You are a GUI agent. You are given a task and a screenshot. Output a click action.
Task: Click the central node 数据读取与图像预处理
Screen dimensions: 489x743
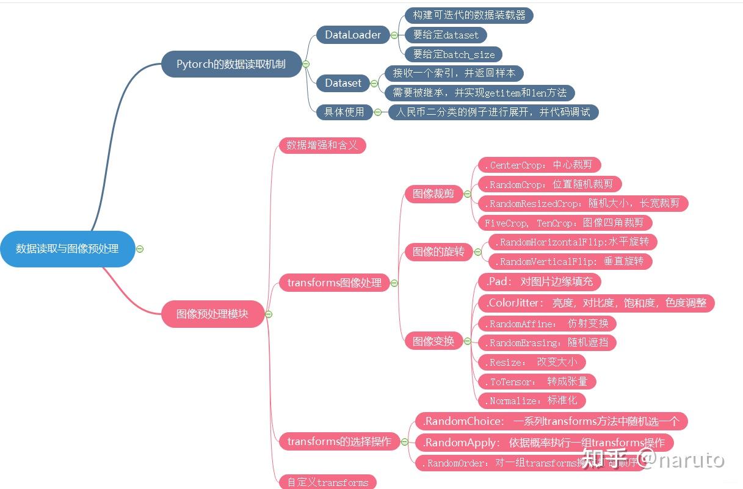pyautogui.click(x=67, y=248)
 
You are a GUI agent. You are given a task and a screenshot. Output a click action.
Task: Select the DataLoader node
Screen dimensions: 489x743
pyautogui.click(x=353, y=35)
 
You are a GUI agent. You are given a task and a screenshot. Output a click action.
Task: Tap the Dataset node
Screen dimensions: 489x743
pyautogui.click(x=343, y=83)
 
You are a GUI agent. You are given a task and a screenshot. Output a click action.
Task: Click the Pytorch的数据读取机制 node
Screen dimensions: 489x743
pyautogui.click(x=231, y=63)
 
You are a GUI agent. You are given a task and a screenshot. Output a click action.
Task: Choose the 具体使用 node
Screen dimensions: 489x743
pyautogui.click(x=345, y=112)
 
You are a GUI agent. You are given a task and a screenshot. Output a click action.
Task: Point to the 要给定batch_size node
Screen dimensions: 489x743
pyautogui.click(x=454, y=54)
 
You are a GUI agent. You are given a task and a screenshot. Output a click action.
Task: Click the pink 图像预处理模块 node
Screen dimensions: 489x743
pyautogui.click(x=212, y=314)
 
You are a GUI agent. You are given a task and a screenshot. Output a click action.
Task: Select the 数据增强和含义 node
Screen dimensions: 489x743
pyautogui.click(x=322, y=145)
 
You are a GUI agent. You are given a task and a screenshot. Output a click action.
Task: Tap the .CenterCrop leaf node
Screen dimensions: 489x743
pyautogui.click(x=538, y=165)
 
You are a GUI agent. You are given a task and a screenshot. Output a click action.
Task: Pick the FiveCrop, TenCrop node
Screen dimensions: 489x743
pyautogui.click(x=564, y=223)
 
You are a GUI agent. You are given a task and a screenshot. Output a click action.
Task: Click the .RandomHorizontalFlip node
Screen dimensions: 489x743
pyautogui.click(x=572, y=242)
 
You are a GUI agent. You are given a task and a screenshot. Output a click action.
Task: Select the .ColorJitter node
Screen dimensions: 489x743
pyautogui.click(x=595, y=302)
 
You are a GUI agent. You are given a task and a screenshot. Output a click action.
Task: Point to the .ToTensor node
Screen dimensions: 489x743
pyautogui.click(x=536, y=382)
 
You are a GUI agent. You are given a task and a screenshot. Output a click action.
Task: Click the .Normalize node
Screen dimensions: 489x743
pyautogui.click(x=531, y=400)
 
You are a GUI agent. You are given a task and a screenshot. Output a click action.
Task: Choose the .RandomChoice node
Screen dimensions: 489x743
pyautogui.click(x=551, y=421)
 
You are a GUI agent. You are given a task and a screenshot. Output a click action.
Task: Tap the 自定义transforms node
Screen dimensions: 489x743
pyautogui.click(x=328, y=482)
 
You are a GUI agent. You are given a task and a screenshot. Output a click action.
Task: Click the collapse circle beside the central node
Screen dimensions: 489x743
pyautogui.click(x=140, y=248)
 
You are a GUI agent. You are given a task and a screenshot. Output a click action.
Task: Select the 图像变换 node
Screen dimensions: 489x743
pyautogui.click(x=433, y=341)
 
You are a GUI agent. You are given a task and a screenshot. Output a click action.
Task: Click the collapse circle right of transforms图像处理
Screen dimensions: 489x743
pyautogui.click(x=394, y=283)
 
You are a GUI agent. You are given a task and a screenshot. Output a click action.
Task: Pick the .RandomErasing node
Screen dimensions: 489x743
pyautogui.click(x=546, y=342)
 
